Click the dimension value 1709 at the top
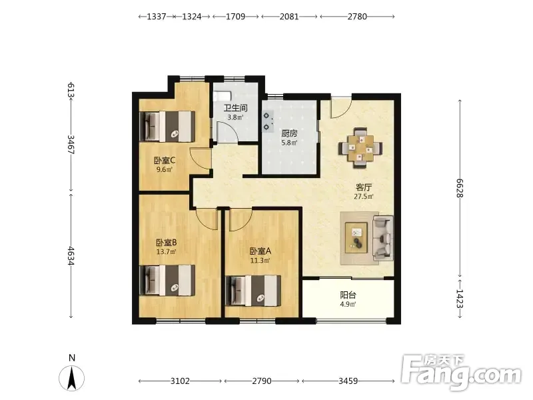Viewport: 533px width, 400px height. [x=236, y=16]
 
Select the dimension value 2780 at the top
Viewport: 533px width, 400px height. [x=357, y=16]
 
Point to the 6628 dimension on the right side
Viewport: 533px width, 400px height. [x=460, y=188]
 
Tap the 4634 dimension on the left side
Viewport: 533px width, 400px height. [x=71, y=256]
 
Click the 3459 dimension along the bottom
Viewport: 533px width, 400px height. [x=348, y=381]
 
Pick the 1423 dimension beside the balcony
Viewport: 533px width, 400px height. [x=460, y=299]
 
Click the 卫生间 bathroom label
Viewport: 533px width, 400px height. [x=235, y=108]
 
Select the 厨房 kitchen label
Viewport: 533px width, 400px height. [x=289, y=134]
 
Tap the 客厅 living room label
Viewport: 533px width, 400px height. [x=364, y=187]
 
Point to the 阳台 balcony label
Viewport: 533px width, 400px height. [x=348, y=295]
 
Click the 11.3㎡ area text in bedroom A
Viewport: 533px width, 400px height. [x=260, y=261]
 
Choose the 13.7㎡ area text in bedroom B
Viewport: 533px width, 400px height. [x=166, y=252]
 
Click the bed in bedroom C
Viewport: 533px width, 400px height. [x=167, y=126]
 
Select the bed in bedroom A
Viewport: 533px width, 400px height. [x=253, y=291]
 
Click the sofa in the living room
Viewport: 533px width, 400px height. [x=384, y=238]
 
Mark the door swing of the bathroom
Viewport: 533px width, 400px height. [x=228, y=131]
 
